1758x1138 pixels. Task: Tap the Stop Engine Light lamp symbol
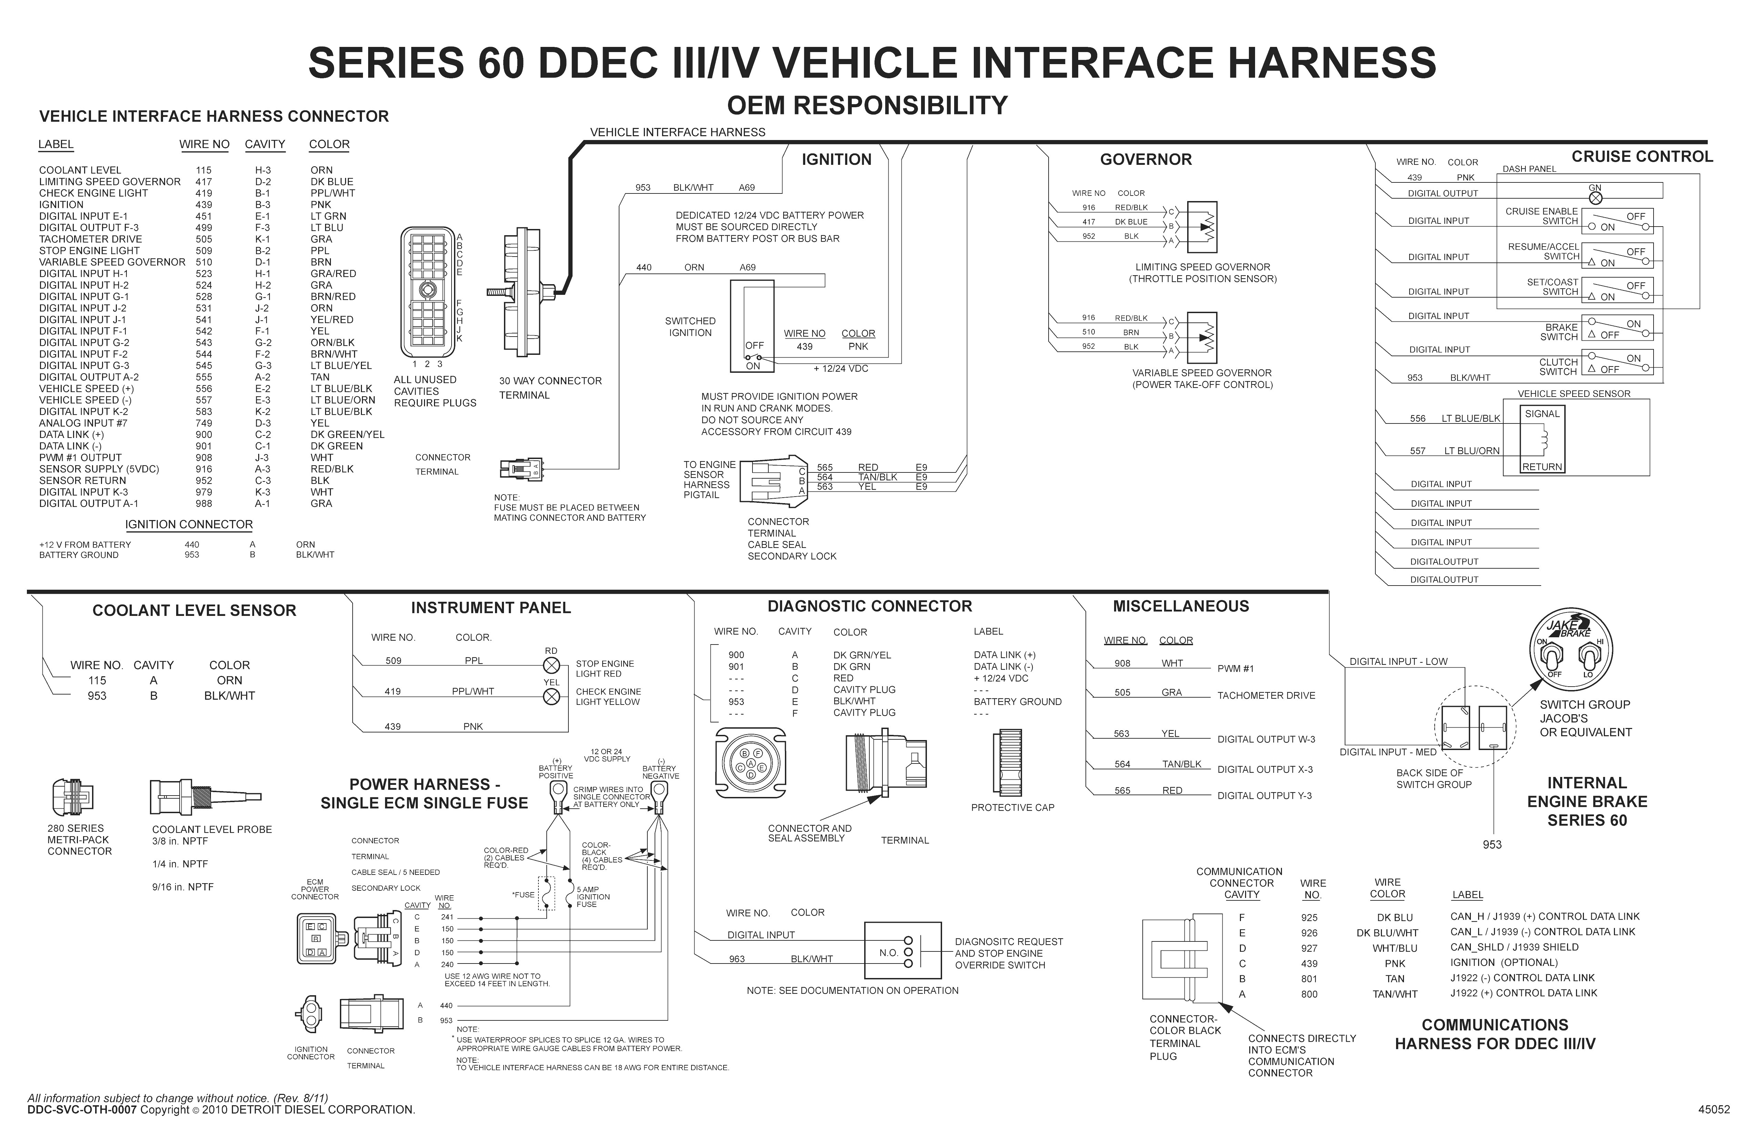[551, 664]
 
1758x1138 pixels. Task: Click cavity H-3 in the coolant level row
[263, 170]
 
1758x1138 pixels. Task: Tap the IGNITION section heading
[836, 160]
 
